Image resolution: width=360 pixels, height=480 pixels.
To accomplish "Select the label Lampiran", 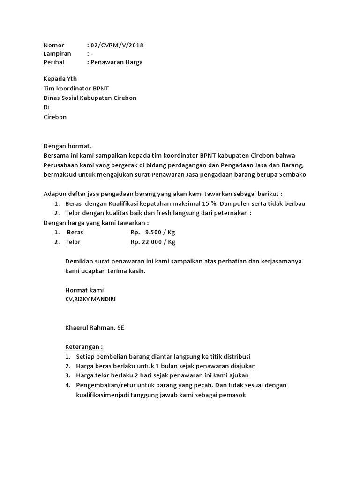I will [57, 54].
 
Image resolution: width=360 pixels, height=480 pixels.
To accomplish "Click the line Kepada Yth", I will [60, 79].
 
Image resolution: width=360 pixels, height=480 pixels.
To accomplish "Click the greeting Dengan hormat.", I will [67, 146].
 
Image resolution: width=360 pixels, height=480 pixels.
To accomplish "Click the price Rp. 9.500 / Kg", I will [153, 232].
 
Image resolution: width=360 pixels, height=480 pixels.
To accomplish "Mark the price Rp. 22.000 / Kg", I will [153, 242].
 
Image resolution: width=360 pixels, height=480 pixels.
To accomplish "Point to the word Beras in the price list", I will [75, 232].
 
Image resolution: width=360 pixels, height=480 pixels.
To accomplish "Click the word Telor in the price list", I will [73, 242].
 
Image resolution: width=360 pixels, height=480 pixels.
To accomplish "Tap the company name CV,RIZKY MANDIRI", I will [90, 299].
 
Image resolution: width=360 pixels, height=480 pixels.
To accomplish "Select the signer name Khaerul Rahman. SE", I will [95, 328].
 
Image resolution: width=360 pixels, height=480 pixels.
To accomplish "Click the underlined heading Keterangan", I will [83, 347].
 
